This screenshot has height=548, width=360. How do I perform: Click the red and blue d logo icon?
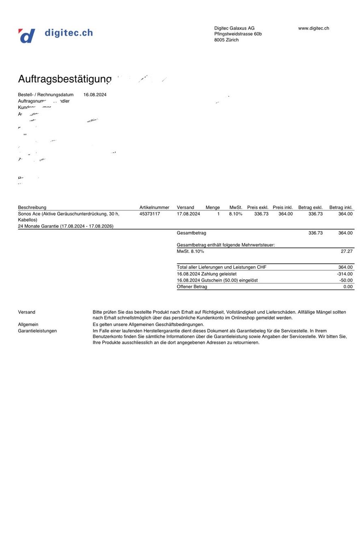tap(26, 36)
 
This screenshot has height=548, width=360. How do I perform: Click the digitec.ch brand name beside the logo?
tap(69, 33)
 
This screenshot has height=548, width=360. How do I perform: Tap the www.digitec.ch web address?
tap(313, 28)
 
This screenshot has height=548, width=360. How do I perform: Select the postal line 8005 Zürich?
tap(226, 40)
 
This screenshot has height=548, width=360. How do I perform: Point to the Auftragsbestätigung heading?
tap(65, 79)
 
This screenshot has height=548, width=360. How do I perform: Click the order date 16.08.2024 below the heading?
tap(95, 95)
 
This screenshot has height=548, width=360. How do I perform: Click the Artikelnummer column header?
tap(154, 208)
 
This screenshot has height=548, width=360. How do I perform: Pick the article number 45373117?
tap(150, 214)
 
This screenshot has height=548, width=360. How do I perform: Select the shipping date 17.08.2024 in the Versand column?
tap(188, 214)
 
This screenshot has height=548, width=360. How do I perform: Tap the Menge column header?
tap(213, 208)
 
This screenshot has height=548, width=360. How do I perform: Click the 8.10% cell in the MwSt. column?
tap(235, 214)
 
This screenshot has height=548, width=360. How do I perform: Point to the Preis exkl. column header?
tap(258, 208)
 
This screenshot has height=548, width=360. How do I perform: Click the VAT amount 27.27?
tap(347, 252)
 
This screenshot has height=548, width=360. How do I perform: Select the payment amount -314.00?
tap(345, 274)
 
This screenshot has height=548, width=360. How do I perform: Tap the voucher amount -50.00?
tap(346, 280)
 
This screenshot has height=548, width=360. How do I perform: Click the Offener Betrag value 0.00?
tap(348, 287)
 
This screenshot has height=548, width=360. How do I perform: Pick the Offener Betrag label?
tap(192, 287)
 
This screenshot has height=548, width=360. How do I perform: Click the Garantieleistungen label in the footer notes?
tap(37, 331)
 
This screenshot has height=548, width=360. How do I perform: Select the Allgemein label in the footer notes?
tap(28, 325)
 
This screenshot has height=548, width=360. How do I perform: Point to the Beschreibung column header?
tap(32, 208)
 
